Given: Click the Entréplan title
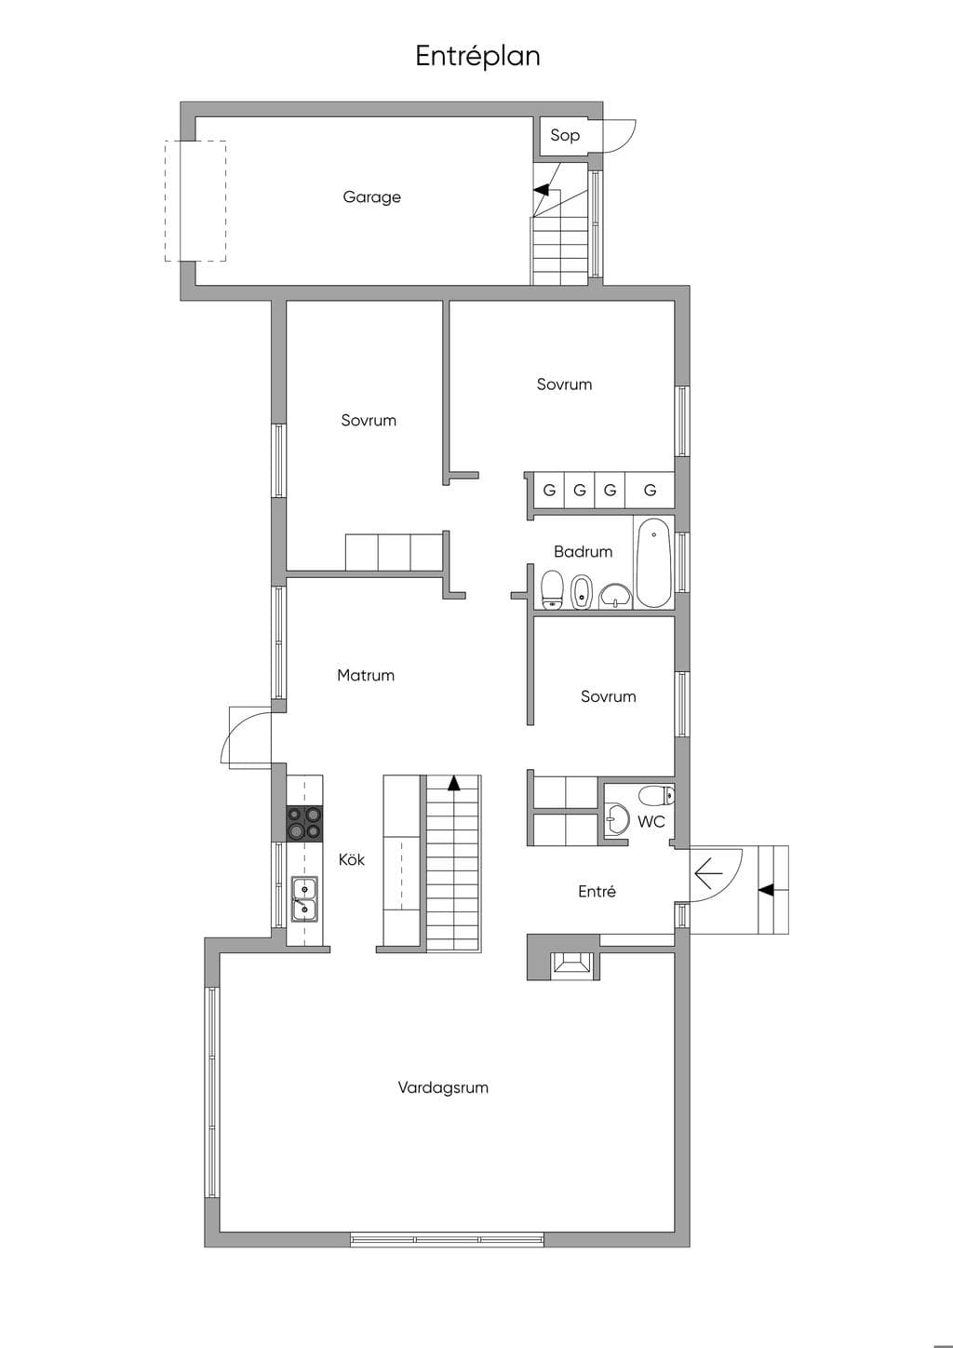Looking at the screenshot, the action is click(x=477, y=57).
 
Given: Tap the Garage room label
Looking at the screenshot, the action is click(x=372, y=197).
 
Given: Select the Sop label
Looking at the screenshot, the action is click(x=565, y=135).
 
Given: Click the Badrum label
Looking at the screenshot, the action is click(x=583, y=551).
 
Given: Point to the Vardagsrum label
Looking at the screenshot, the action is click(x=443, y=1087).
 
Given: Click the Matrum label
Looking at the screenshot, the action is click(x=366, y=675).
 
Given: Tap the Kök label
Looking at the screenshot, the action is click(x=352, y=859).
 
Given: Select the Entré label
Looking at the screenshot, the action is click(x=597, y=891).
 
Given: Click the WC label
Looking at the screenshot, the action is click(x=651, y=821).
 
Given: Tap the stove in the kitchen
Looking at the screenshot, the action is click(x=304, y=823).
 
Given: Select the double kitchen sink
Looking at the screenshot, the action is click(x=304, y=898).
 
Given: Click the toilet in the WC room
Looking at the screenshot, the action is click(x=656, y=795).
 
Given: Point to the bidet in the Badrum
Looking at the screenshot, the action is click(x=581, y=593).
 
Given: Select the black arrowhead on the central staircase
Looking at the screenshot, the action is click(x=453, y=782).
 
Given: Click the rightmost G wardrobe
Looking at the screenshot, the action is click(x=650, y=490).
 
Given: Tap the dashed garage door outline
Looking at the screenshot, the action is click(x=196, y=201).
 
